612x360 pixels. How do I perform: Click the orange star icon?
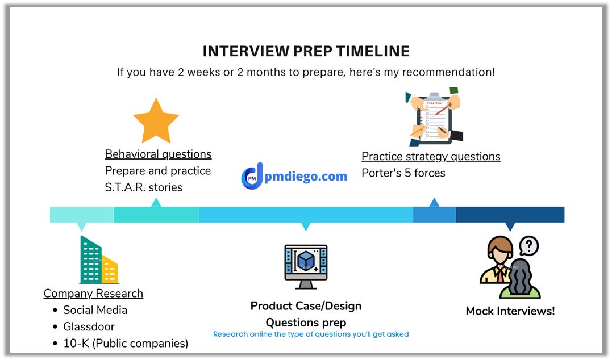point(156,120)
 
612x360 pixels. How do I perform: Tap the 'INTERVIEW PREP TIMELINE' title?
point(306,51)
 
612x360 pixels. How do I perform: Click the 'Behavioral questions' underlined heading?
point(158,154)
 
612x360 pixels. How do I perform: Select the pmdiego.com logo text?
point(306,176)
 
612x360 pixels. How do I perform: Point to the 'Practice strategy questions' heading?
point(431,157)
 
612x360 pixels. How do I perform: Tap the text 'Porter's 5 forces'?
point(403,173)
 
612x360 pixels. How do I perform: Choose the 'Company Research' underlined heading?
point(93,294)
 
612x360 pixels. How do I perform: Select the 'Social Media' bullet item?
point(95,310)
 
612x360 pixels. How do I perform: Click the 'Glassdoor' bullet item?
point(89,326)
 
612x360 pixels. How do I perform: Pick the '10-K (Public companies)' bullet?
point(125,343)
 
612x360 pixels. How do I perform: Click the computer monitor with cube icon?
point(306,266)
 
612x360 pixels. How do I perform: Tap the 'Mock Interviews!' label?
point(510,311)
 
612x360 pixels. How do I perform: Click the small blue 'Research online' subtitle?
point(311,334)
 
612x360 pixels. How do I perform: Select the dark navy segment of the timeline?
point(510,215)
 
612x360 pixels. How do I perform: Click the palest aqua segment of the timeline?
point(81,215)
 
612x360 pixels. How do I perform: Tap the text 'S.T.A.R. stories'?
point(143,187)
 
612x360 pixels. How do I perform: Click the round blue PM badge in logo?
point(251,178)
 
